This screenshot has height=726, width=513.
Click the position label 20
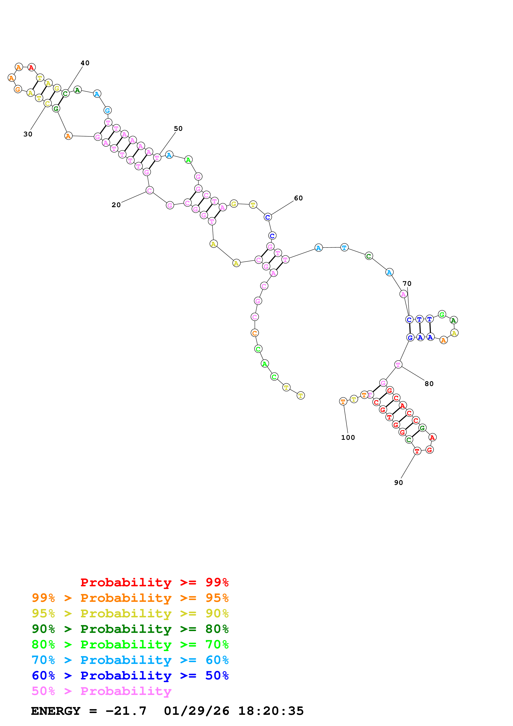coord(116,205)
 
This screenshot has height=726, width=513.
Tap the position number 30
coord(28,134)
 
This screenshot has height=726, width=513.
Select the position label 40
coord(85,63)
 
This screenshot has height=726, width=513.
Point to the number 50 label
coord(178,128)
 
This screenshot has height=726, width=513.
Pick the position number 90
coord(398,483)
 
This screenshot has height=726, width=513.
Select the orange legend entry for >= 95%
coord(130,598)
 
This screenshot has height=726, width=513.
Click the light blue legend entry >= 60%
coord(130,660)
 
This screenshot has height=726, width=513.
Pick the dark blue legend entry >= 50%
coord(130,676)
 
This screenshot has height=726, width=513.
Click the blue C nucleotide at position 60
coord(267,217)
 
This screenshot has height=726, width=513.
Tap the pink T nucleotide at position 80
coord(398,365)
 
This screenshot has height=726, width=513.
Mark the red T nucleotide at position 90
coord(417,451)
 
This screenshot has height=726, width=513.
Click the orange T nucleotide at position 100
coord(343,401)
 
